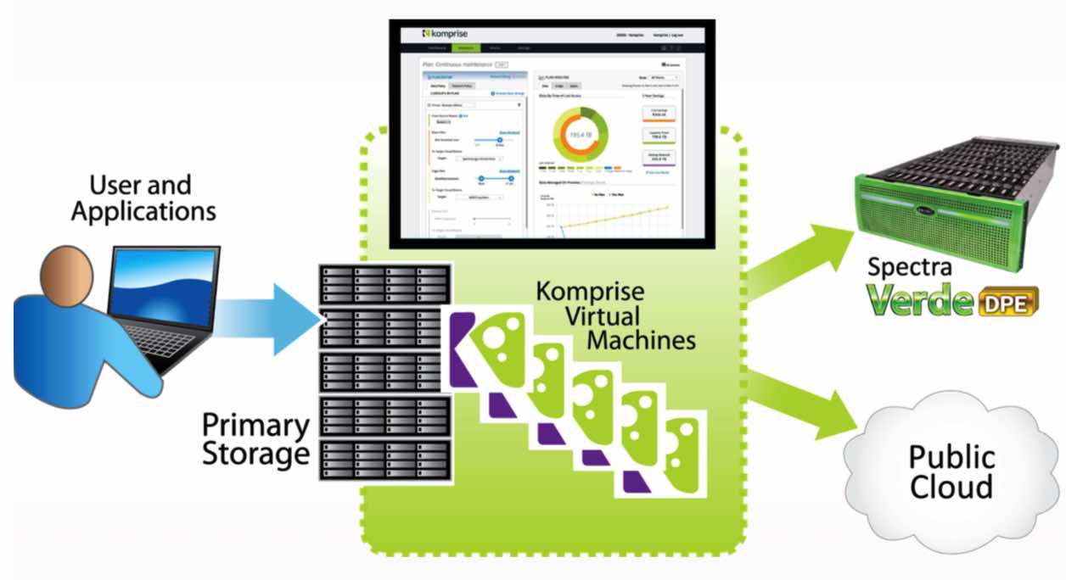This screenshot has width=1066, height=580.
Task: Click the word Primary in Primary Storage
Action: [x=255, y=425]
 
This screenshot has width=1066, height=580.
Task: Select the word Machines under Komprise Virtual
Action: [x=642, y=341]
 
